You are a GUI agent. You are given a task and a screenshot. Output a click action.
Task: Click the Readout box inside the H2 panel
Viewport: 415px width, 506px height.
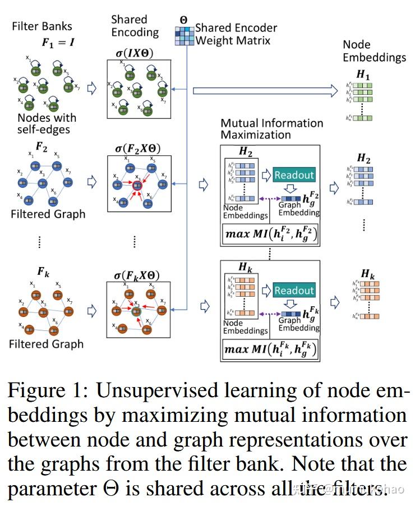pyautogui.click(x=294, y=174)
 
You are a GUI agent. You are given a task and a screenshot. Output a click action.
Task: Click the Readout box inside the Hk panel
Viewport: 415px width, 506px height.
pyautogui.click(x=294, y=291)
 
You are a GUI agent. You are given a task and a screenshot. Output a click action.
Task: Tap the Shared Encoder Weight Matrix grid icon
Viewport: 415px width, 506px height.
pyautogui.click(x=185, y=35)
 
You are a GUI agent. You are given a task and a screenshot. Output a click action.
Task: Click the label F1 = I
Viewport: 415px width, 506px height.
pyautogui.click(x=59, y=42)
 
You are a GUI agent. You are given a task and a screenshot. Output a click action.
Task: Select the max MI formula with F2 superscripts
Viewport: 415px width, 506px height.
pyautogui.click(x=270, y=233)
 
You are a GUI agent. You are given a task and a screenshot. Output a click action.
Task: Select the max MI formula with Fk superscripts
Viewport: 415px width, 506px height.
pyautogui.click(x=270, y=349)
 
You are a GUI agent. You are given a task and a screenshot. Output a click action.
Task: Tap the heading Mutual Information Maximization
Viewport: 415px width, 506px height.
pyautogui.click(x=272, y=128)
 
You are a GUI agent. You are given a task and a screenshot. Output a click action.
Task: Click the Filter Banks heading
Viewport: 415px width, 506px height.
pyautogui.click(x=42, y=26)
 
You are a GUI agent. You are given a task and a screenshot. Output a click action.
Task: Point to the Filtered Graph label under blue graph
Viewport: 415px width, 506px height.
pyautogui.click(x=48, y=214)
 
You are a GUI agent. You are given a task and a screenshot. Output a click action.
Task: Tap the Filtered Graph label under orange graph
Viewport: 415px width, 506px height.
pyautogui.click(x=46, y=344)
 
